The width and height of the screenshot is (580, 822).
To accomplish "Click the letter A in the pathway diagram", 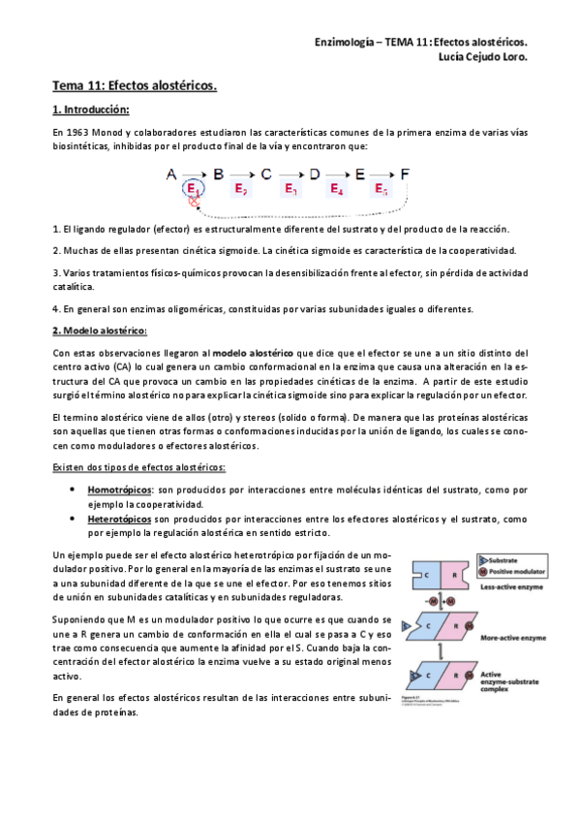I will [x=170, y=174].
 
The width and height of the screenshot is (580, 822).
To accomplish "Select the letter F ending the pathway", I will [x=405, y=174].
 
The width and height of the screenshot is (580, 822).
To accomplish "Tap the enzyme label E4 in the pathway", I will [x=337, y=189].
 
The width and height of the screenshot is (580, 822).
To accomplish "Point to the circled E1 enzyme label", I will [x=193, y=189].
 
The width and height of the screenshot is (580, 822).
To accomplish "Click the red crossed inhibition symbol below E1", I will [x=193, y=203].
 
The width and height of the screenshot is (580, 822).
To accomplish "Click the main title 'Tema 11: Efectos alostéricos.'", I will [x=135, y=85].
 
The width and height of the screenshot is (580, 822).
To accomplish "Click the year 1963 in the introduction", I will [x=79, y=131].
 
